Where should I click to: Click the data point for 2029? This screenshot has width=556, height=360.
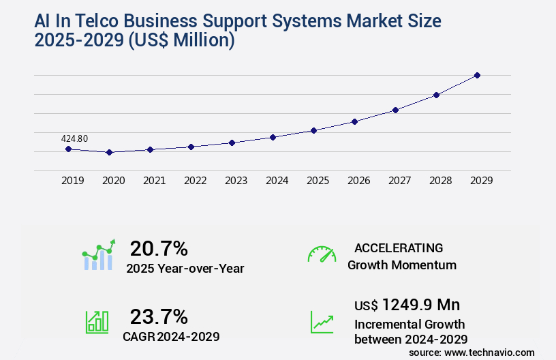pyautogui.click(x=477, y=75)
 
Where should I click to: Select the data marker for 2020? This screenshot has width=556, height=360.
pyautogui.click(x=109, y=152)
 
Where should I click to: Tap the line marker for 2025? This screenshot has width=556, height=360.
pyautogui.click(x=313, y=130)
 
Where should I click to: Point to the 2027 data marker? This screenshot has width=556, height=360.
pyautogui.click(x=395, y=110)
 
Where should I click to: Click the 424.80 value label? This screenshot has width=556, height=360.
pyautogui.click(x=74, y=138)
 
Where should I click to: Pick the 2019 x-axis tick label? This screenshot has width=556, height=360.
pyautogui.click(x=73, y=181)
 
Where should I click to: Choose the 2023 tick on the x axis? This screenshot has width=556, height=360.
pyautogui.click(x=236, y=181)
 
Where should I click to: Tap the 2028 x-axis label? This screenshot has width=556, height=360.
pyautogui.click(x=441, y=181)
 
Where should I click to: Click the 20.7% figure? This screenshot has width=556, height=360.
pyautogui.click(x=159, y=248)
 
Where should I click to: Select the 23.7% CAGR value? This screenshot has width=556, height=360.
pyautogui.click(x=159, y=316)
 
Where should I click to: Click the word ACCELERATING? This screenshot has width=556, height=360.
pyautogui.click(x=399, y=247)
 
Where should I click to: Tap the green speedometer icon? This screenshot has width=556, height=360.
pyautogui.click(x=322, y=254)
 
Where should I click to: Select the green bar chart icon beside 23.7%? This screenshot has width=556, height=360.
pyautogui.click(x=97, y=322)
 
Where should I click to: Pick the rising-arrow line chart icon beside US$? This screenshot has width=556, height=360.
pyautogui.click(x=322, y=322)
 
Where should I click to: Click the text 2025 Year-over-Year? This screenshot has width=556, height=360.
pyautogui.click(x=185, y=269)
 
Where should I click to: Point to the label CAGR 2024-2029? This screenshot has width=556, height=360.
pyautogui.click(x=171, y=336)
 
